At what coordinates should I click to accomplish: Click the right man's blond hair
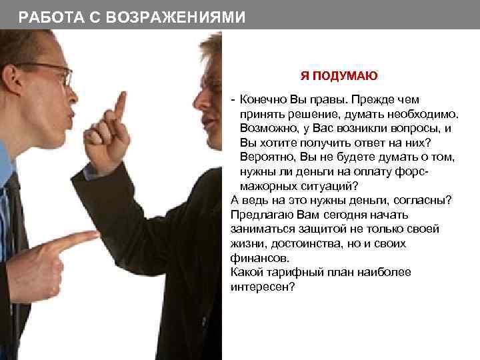[x=212, y=50]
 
